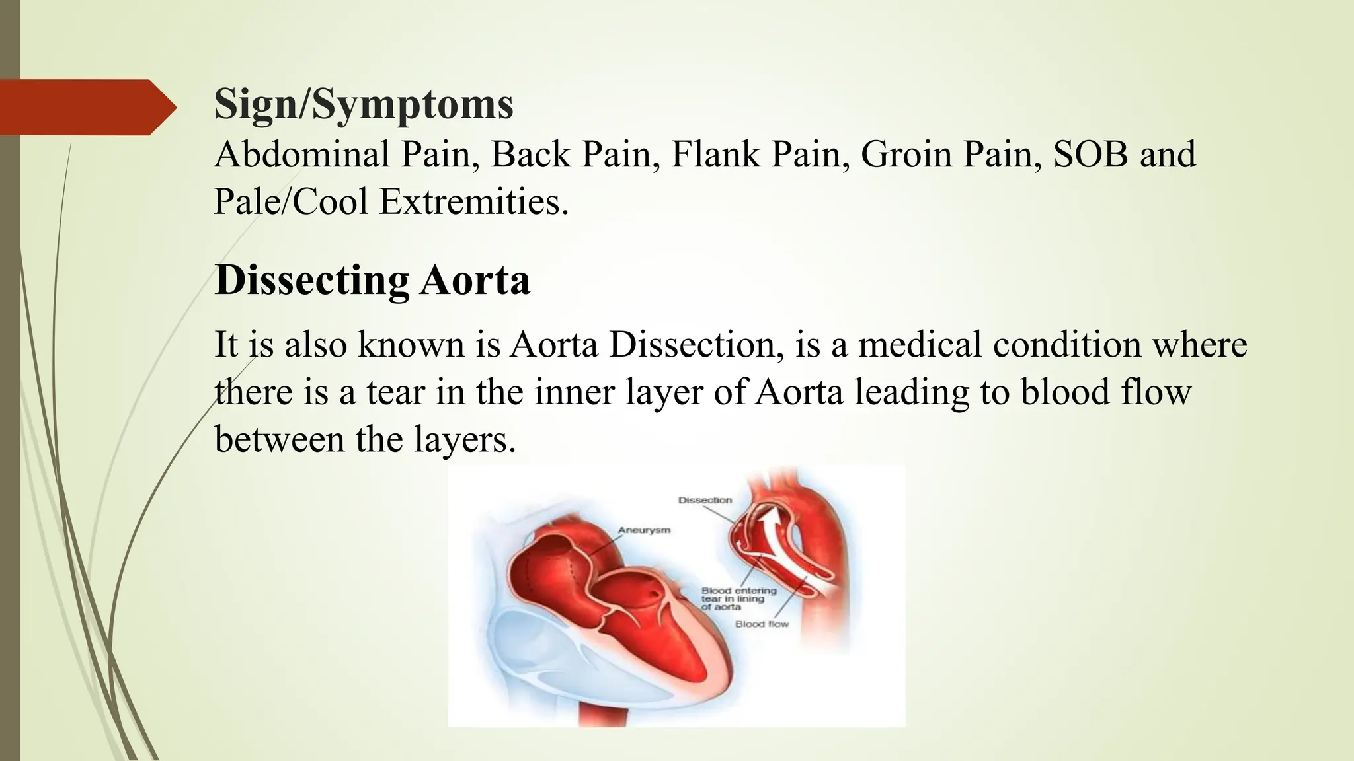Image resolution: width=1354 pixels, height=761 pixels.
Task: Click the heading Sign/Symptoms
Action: tap(364, 104)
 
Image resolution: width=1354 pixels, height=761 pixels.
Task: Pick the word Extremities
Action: tap(473, 202)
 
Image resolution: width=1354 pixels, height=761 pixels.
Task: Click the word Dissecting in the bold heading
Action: tap(312, 281)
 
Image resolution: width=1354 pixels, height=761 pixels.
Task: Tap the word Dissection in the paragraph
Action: tap(696, 345)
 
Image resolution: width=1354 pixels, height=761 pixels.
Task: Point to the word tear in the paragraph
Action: tap(395, 392)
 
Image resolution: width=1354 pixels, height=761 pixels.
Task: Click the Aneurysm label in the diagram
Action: tap(644, 530)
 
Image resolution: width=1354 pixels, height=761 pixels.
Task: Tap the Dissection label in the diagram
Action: tap(705, 501)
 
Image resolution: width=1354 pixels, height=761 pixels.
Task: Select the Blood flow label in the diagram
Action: tap(762, 624)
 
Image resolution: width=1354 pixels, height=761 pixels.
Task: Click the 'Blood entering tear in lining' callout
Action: tap(738, 598)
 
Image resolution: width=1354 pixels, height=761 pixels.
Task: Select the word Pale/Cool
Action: tap(291, 202)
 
